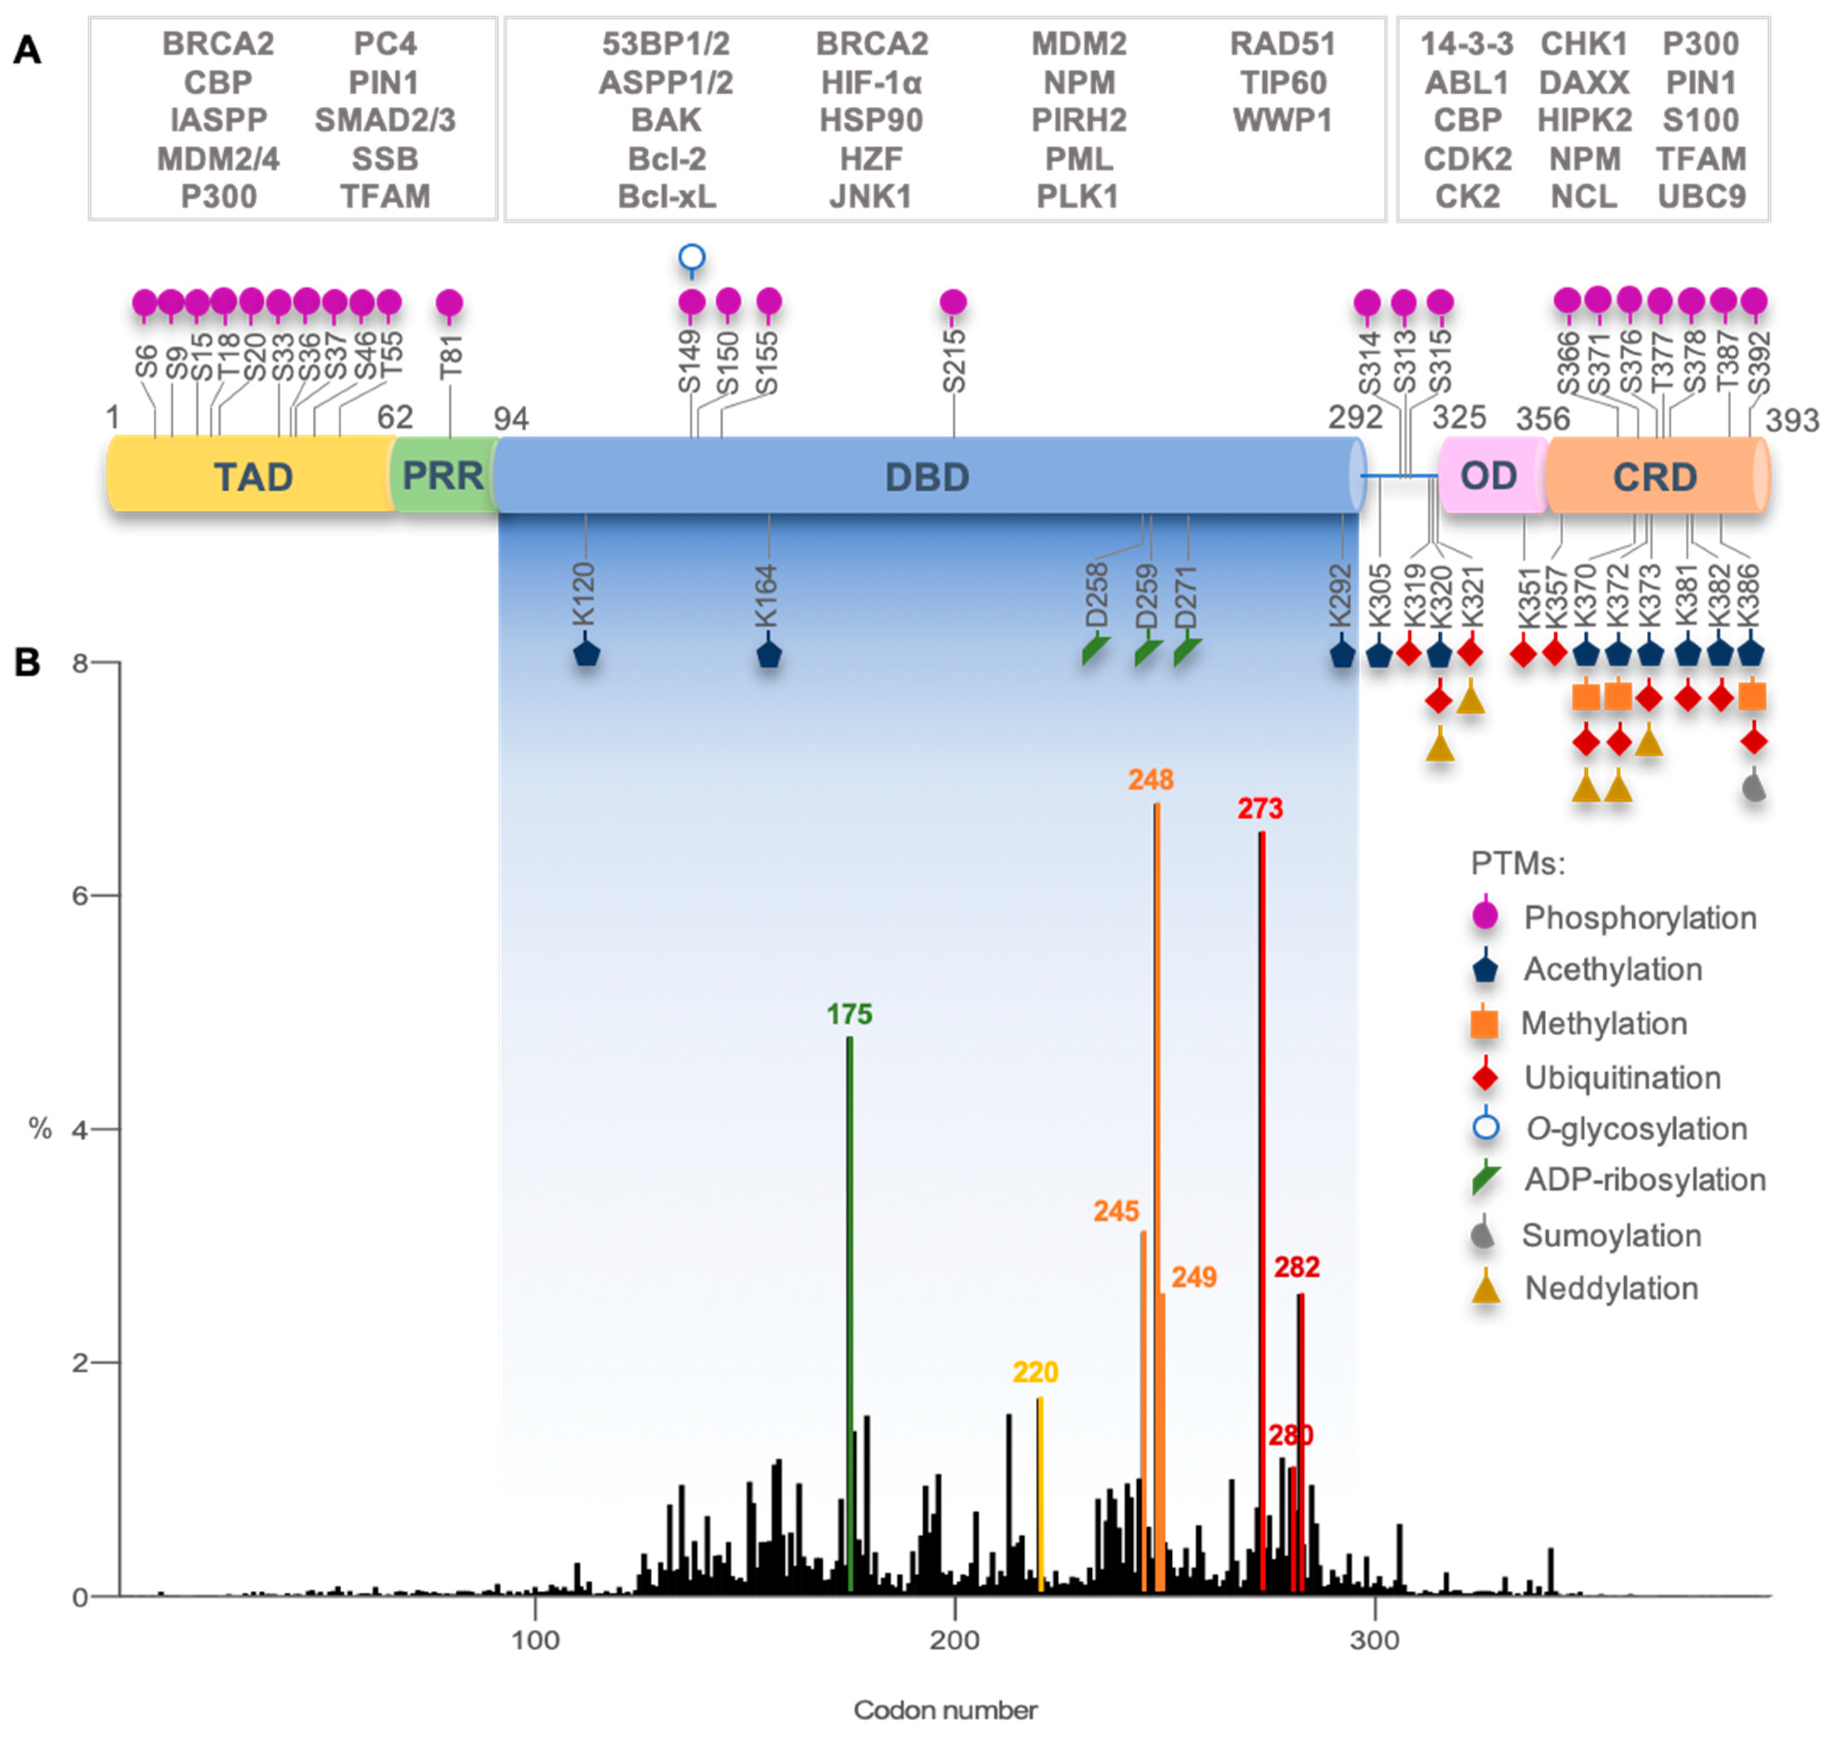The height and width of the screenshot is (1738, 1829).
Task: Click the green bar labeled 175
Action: tap(849, 1297)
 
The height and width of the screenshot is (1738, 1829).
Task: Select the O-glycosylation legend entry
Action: tap(1635, 1128)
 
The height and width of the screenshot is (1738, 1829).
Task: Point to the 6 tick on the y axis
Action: tap(81, 896)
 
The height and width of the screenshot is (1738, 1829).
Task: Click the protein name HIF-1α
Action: tap(871, 82)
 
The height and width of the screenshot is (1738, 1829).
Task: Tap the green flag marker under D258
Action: tap(1095, 651)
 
